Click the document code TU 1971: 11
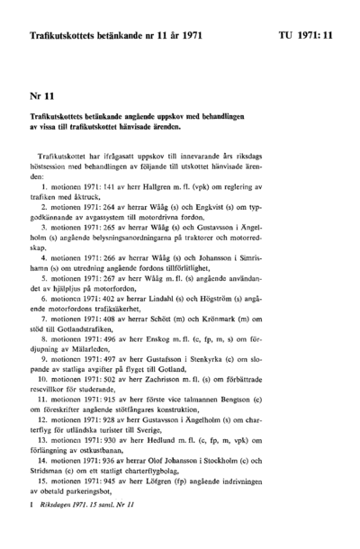tap(307, 36)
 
